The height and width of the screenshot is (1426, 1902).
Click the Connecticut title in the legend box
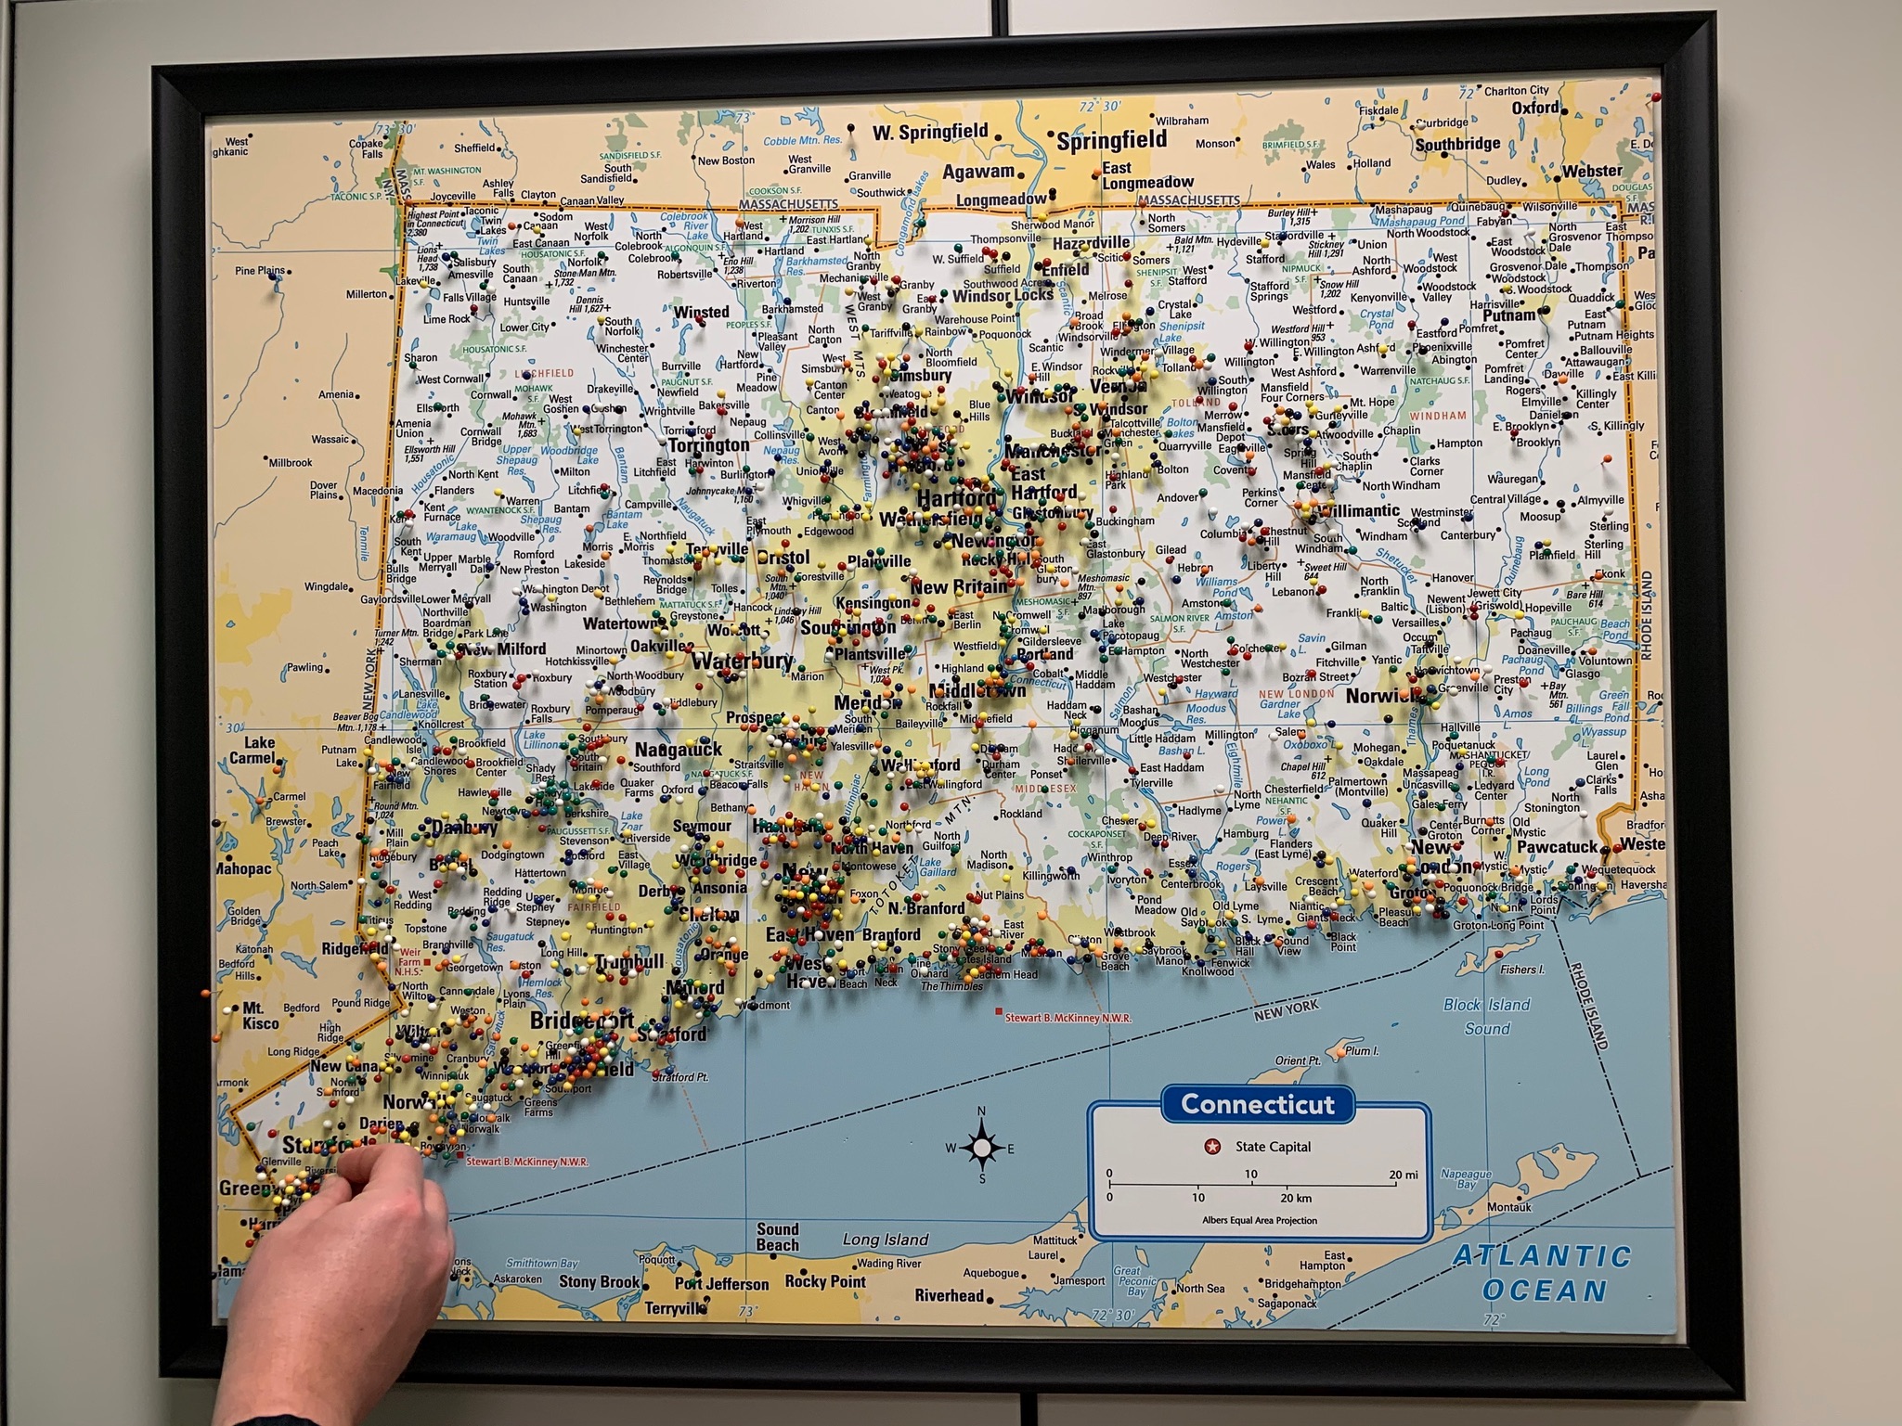click(1257, 1104)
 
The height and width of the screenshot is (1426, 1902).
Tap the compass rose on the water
click(981, 1149)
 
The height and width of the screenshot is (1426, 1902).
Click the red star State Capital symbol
click(1211, 1147)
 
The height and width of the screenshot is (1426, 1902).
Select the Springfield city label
click(1111, 140)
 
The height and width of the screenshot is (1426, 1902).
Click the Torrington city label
click(708, 445)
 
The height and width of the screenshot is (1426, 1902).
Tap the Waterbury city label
click(743, 662)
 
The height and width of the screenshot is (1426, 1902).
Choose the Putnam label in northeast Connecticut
click(1509, 315)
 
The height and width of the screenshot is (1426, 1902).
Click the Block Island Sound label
click(1486, 1016)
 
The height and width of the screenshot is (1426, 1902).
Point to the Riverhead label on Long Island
click(949, 1295)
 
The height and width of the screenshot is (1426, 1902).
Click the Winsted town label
click(701, 312)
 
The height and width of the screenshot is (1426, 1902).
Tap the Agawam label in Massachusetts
click(978, 172)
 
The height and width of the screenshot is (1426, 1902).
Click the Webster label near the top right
click(1592, 171)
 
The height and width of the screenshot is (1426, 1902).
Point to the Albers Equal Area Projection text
click(1259, 1220)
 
